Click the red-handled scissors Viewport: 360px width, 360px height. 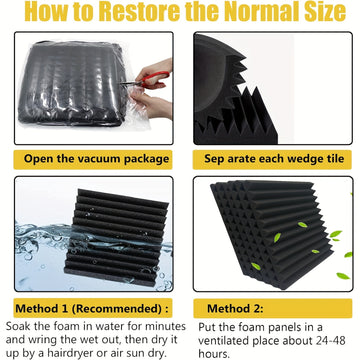147,80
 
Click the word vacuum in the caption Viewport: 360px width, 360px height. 99,159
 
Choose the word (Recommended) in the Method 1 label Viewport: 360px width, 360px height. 119,308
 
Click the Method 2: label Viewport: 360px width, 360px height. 235,308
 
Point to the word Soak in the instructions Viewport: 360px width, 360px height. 17,326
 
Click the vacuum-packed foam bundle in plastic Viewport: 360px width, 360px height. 73,83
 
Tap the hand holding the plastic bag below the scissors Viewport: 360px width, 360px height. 152,103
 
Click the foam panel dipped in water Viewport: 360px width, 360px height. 117,237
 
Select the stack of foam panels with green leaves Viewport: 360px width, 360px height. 272,233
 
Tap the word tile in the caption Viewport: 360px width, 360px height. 333,158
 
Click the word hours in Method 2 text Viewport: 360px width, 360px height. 214,353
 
